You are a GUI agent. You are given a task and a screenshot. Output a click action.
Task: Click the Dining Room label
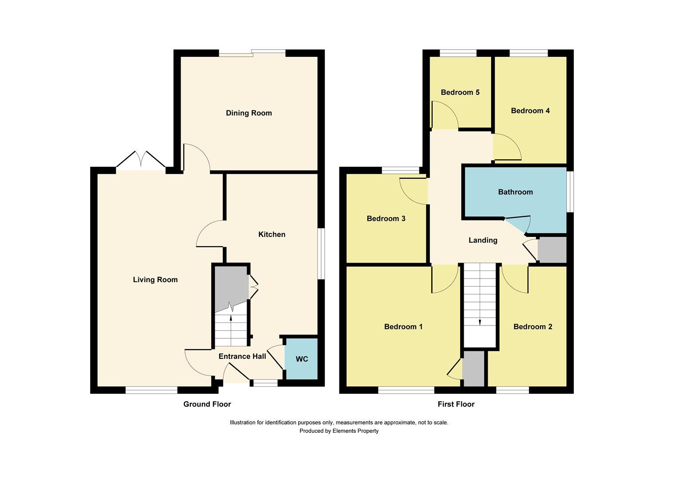pyautogui.click(x=248, y=113)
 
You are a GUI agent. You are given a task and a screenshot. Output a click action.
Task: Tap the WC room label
pyautogui.click(x=302, y=359)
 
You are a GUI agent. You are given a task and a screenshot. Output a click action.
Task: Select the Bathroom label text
pyautogui.click(x=515, y=192)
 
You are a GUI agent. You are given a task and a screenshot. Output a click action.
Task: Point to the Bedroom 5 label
pyautogui.click(x=460, y=92)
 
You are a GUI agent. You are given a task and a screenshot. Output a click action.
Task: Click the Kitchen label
pyautogui.click(x=272, y=234)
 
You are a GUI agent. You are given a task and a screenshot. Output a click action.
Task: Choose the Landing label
pyautogui.click(x=483, y=240)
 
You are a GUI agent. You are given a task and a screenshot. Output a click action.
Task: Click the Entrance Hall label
pyautogui.click(x=242, y=356)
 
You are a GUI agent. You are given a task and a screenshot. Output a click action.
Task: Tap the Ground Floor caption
pyautogui.click(x=207, y=404)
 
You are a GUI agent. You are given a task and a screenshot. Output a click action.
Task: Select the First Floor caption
pyautogui.click(x=456, y=404)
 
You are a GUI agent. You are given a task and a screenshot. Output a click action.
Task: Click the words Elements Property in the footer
pyautogui.click(x=355, y=431)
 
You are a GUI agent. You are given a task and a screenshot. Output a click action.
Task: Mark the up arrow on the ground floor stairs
pyautogui.click(x=231, y=317)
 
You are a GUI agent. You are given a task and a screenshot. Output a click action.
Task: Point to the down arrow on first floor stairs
pyautogui.click(x=480, y=322)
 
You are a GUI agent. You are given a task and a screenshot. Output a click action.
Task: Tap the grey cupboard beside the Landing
pyautogui.click(x=552, y=249)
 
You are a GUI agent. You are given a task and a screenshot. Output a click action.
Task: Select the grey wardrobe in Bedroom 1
pyautogui.click(x=473, y=369)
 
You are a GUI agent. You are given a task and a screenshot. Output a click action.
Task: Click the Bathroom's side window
pyautogui.click(x=571, y=192)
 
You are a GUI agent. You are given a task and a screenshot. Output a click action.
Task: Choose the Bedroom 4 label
pyautogui.click(x=530, y=111)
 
